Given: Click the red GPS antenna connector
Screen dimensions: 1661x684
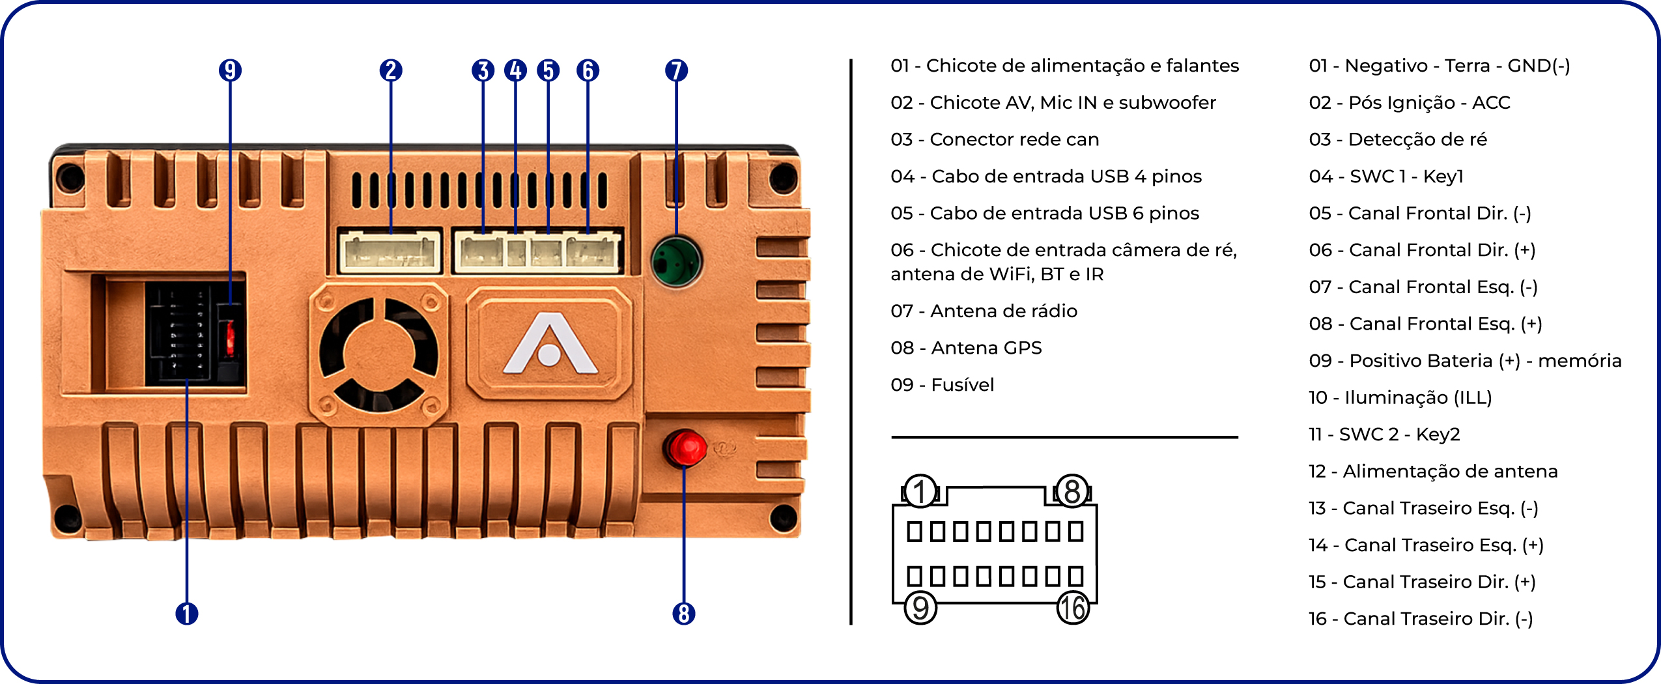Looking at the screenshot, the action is point(685,448).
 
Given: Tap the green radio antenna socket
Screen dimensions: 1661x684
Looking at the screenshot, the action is point(676,261).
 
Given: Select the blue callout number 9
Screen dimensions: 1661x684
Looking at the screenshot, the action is point(230,70).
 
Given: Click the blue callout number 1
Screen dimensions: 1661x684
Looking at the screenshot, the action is point(187,614).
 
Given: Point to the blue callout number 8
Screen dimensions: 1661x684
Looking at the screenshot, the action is point(684,614).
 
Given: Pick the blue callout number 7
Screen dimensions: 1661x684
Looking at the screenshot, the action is point(676,70).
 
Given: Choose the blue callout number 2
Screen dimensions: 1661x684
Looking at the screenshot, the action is point(391,70).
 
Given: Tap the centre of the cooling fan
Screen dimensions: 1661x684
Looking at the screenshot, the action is point(378,355).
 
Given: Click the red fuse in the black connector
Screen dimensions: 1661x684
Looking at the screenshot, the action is point(230,337).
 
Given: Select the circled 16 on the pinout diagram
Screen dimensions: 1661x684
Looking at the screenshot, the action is point(1073,608).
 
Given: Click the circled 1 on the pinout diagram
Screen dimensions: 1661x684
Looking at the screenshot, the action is point(920,491).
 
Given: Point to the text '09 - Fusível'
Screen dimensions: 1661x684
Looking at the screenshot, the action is point(943,385).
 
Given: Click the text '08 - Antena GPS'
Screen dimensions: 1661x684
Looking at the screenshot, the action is point(966,348).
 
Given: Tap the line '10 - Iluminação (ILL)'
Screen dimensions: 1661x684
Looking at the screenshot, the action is point(1400,397).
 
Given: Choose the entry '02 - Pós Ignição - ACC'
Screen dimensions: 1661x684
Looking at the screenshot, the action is point(1410,102).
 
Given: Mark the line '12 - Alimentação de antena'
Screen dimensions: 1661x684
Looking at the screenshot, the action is point(1433,471).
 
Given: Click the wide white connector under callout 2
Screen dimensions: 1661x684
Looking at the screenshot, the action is point(390,251).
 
